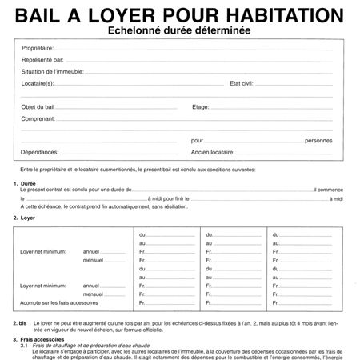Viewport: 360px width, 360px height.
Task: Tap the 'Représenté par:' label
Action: pos(43,60)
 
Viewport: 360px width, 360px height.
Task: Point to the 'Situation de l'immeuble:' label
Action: pos(57,71)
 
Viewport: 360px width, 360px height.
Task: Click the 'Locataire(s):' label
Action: pos(38,82)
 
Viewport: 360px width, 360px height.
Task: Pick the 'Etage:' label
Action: pos(201,106)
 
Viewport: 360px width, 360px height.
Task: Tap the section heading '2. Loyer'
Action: pos(25,218)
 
